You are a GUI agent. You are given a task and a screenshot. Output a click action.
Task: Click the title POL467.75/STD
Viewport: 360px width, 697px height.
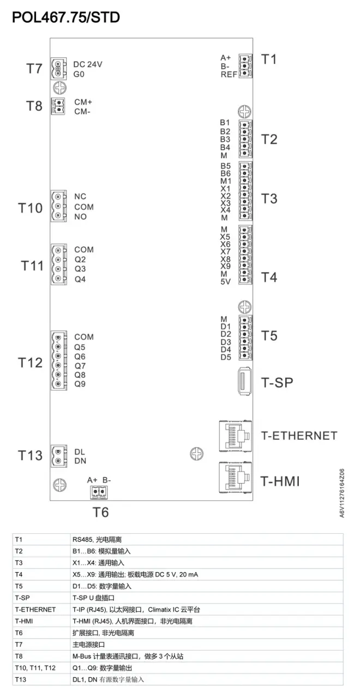click(x=65, y=17)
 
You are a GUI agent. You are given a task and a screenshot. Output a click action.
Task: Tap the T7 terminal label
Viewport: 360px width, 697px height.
click(x=34, y=69)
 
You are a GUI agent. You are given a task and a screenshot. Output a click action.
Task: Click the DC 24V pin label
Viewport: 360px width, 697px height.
click(x=87, y=64)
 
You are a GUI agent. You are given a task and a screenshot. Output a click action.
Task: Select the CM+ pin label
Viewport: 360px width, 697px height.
click(x=83, y=102)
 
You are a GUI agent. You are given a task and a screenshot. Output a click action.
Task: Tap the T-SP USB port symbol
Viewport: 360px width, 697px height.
click(x=244, y=382)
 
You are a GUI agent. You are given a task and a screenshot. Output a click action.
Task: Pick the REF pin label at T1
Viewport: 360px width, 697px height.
click(x=229, y=74)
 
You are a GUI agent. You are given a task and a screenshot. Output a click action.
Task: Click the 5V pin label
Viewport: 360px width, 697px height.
click(x=225, y=282)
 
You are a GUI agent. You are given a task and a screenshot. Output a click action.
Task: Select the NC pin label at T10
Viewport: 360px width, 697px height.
click(x=81, y=196)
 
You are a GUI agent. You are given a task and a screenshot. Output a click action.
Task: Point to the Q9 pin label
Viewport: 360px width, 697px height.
click(x=80, y=384)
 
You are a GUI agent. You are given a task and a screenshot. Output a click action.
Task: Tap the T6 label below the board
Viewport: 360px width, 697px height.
click(x=100, y=512)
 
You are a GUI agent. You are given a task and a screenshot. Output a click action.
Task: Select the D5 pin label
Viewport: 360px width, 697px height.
click(x=226, y=358)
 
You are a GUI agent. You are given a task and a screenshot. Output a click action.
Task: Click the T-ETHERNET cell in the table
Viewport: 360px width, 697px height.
click(x=35, y=609)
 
